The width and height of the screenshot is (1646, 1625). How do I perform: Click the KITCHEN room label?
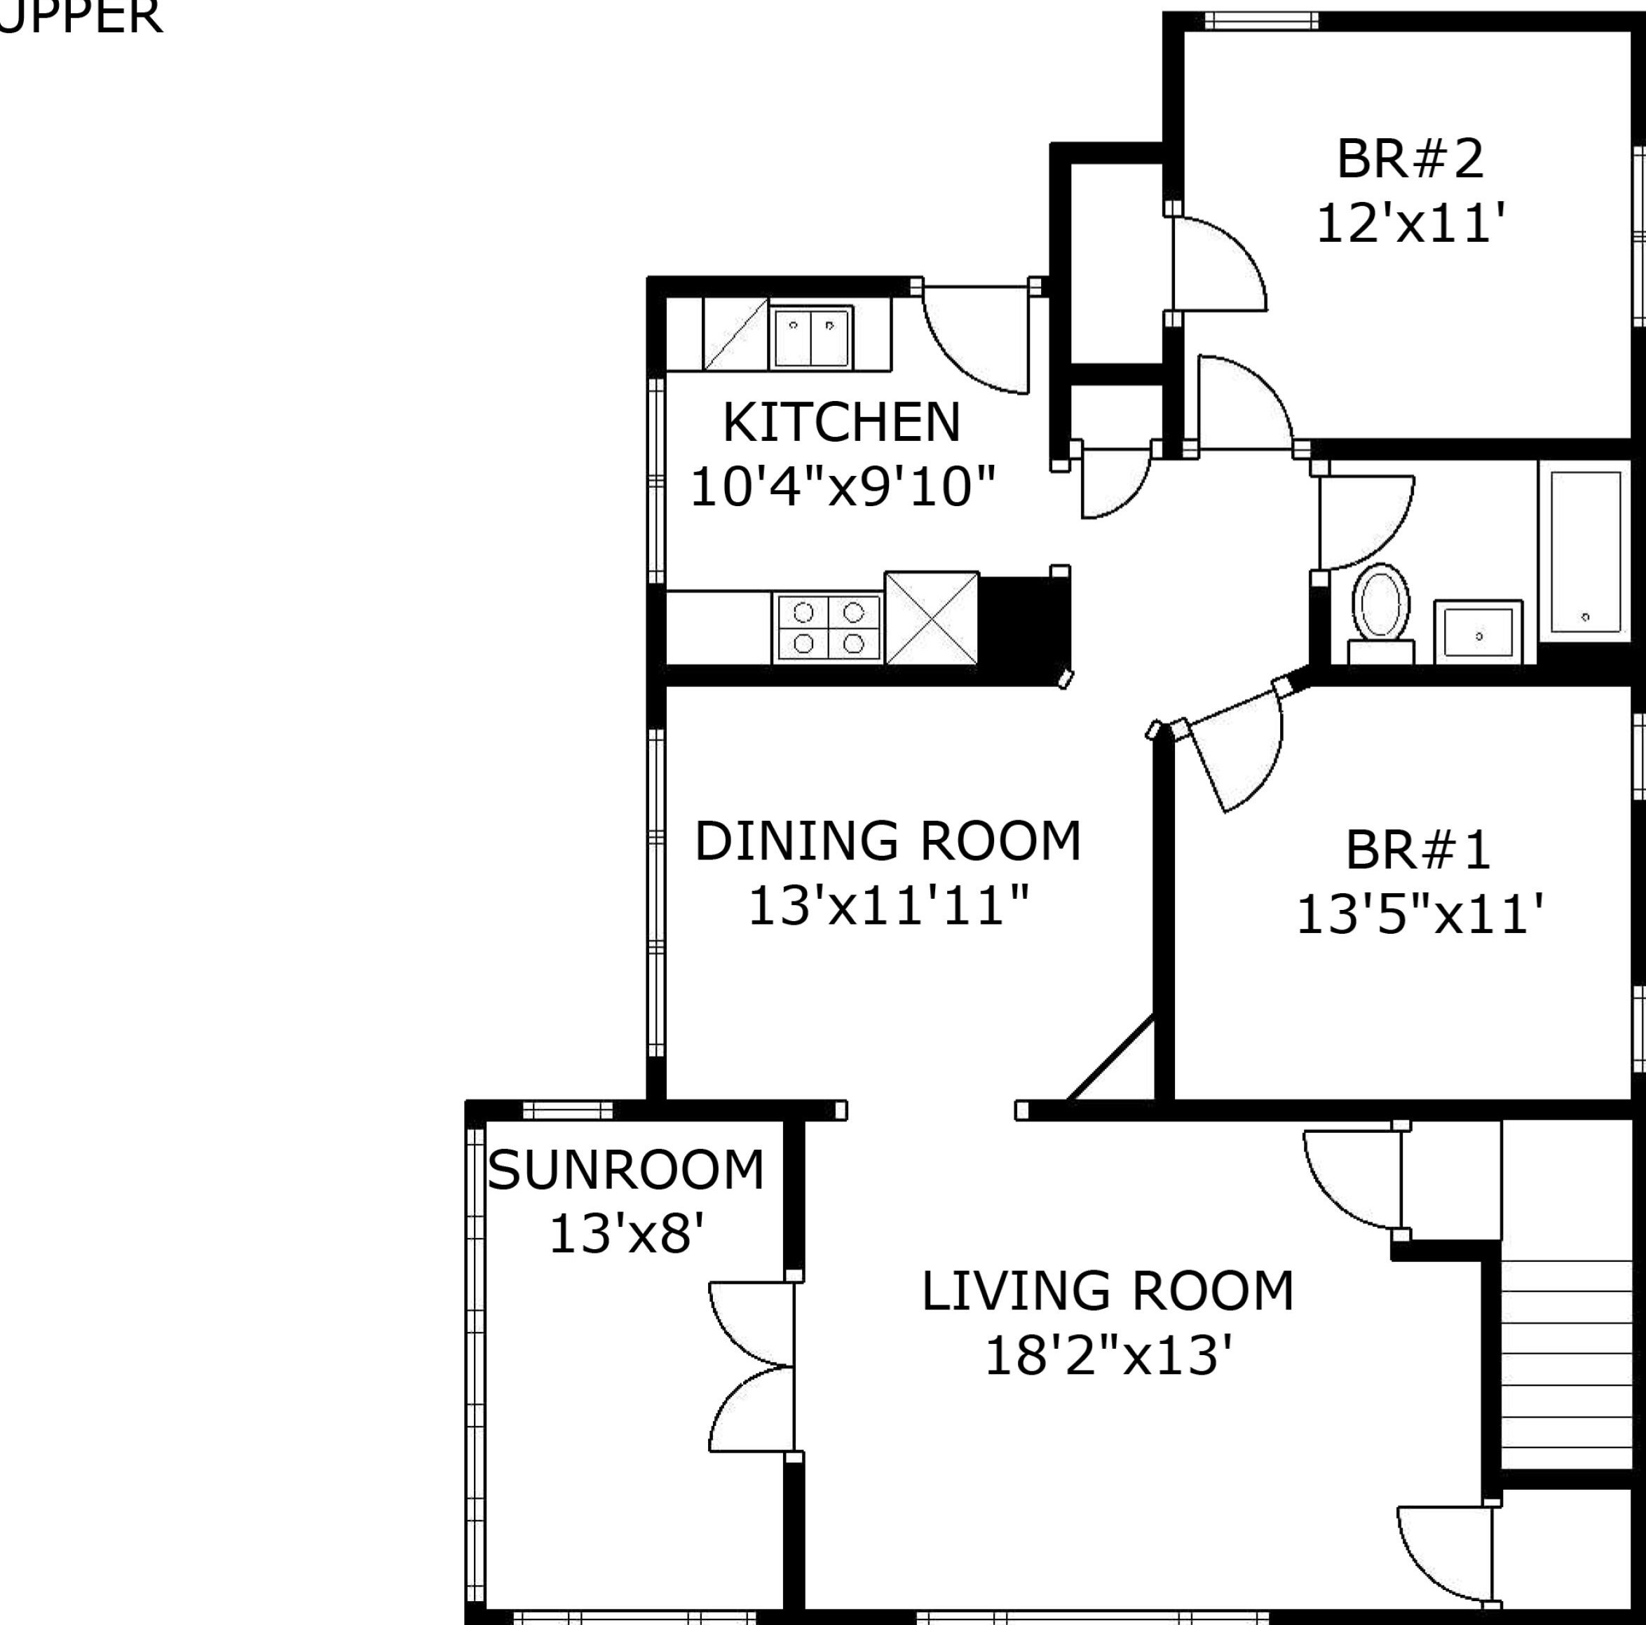pos(841,423)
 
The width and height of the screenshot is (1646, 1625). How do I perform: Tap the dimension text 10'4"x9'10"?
pos(842,487)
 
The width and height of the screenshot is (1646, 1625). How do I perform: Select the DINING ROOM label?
pos(887,841)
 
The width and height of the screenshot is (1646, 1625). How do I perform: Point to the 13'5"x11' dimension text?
pos(1420,915)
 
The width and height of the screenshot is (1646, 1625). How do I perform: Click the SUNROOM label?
pos(625,1170)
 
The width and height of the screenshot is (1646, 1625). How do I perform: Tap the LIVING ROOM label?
pos(1108,1291)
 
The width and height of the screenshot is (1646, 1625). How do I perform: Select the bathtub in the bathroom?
pos(1584,552)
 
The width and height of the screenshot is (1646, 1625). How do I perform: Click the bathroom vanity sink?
pos(1478,632)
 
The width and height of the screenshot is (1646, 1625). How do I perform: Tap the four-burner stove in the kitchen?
pos(828,627)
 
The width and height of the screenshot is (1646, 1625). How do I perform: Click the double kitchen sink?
pos(810,337)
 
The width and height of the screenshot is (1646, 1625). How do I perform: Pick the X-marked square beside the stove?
pos(931,618)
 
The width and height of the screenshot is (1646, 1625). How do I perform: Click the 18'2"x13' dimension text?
pos(1108,1356)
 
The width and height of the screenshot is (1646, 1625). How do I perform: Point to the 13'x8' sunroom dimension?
pos(625,1234)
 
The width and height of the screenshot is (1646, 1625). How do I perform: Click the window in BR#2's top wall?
pos(1261,20)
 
